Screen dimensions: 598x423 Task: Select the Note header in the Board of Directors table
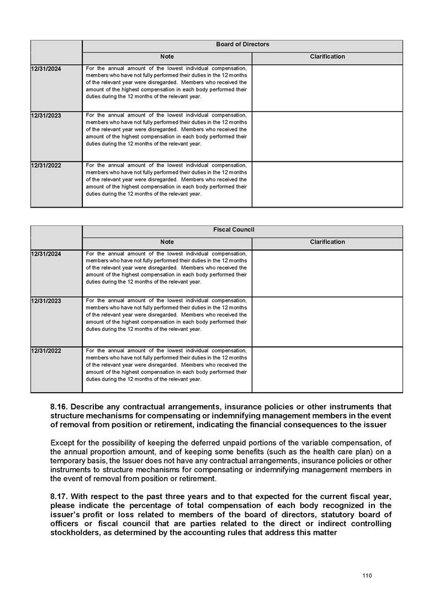(167, 57)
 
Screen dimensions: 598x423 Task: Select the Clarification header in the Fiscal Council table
(327, 242)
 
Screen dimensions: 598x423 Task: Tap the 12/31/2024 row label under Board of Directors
(46, 68)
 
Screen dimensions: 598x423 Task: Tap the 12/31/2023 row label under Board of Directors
(46, 115)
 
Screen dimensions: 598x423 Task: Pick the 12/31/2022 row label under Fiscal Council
(46, 351)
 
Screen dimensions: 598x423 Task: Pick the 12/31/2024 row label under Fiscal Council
(46, 253)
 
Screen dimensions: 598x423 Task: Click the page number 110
(367, 576)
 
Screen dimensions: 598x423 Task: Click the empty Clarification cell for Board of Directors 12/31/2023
(327, 136)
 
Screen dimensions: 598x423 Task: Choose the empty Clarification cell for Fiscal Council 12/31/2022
(327, 369)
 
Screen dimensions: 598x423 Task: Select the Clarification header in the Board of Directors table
(327, 57)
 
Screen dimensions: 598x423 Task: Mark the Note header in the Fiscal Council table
(167, 242)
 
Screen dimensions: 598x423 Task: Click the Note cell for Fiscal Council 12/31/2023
(167, 315)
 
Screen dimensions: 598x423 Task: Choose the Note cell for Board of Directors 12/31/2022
(167, 180)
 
